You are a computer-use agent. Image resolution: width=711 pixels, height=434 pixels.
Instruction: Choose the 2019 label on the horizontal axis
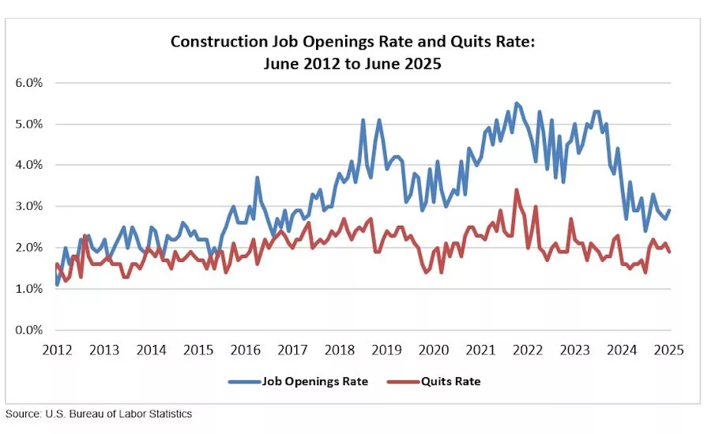point(387,350)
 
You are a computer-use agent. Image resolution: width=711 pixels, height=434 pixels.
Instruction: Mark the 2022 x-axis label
point(529,350)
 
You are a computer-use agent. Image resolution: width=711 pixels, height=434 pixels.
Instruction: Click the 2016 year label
point(246,350)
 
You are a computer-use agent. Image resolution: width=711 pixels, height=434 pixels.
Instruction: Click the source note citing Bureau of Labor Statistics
point(99,413)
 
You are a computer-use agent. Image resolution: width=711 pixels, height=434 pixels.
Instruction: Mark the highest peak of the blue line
point(516,103)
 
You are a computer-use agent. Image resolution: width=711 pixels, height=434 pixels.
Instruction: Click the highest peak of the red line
point(516,189)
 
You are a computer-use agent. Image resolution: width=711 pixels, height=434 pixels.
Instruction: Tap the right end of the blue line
point(671,210)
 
